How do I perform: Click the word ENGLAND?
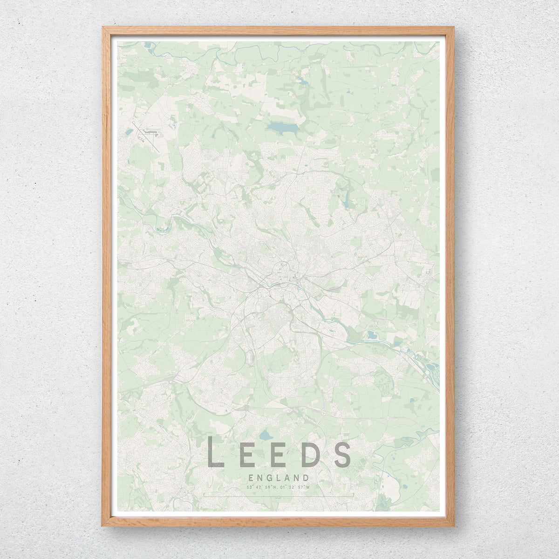279,477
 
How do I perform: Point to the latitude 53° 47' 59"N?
262,488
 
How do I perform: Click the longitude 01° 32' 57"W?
296,488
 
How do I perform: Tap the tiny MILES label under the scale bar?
279,498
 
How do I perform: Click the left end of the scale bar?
204,496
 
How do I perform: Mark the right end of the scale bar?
354,496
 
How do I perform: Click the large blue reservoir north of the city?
281,127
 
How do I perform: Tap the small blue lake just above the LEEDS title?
265,436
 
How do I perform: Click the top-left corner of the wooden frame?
103,28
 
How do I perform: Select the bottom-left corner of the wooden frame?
103,525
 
